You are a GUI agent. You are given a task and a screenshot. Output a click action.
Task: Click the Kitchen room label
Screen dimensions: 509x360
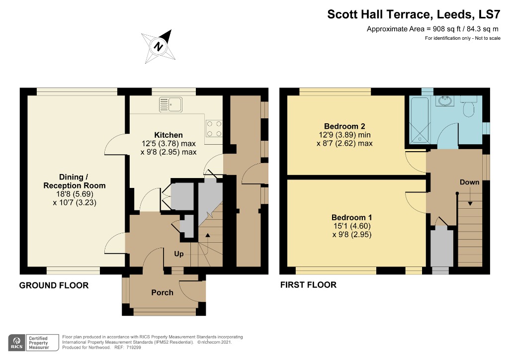coord(168,135)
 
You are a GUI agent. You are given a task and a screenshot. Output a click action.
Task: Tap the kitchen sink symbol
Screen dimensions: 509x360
coord(171,104)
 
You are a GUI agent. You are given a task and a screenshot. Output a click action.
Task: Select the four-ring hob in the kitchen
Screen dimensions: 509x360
coord(214,129)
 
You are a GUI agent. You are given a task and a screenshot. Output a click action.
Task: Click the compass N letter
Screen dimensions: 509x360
coord(159,46)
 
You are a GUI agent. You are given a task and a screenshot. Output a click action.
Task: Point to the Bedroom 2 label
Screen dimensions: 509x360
coord(344,126)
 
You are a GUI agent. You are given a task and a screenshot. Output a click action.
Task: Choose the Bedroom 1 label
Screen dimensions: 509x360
coord(351,217)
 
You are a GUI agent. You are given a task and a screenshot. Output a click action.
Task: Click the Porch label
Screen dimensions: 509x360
coord(163,292)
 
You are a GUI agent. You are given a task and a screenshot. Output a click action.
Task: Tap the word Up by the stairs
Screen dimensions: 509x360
coord(179,254)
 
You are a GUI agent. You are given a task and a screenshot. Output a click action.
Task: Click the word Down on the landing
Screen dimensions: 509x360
coord(469,182)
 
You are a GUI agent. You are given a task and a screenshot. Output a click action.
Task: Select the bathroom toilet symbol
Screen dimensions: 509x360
coord(469,106)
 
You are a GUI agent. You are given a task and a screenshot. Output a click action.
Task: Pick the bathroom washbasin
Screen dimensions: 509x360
coord(445,100)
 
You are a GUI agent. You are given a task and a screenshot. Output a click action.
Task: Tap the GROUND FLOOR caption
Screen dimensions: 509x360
coord(54,285)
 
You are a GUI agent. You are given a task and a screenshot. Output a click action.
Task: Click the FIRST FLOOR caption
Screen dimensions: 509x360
coord(308,285)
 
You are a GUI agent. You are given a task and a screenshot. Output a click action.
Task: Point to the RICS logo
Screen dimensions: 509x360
coord(17,343)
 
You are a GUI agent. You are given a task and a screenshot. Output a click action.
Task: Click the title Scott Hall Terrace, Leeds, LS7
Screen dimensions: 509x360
coord(414,14)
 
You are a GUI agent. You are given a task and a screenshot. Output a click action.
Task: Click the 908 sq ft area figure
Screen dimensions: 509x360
coord(447,29)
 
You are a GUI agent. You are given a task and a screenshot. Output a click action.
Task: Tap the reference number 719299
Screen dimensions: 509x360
coord(134,348)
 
